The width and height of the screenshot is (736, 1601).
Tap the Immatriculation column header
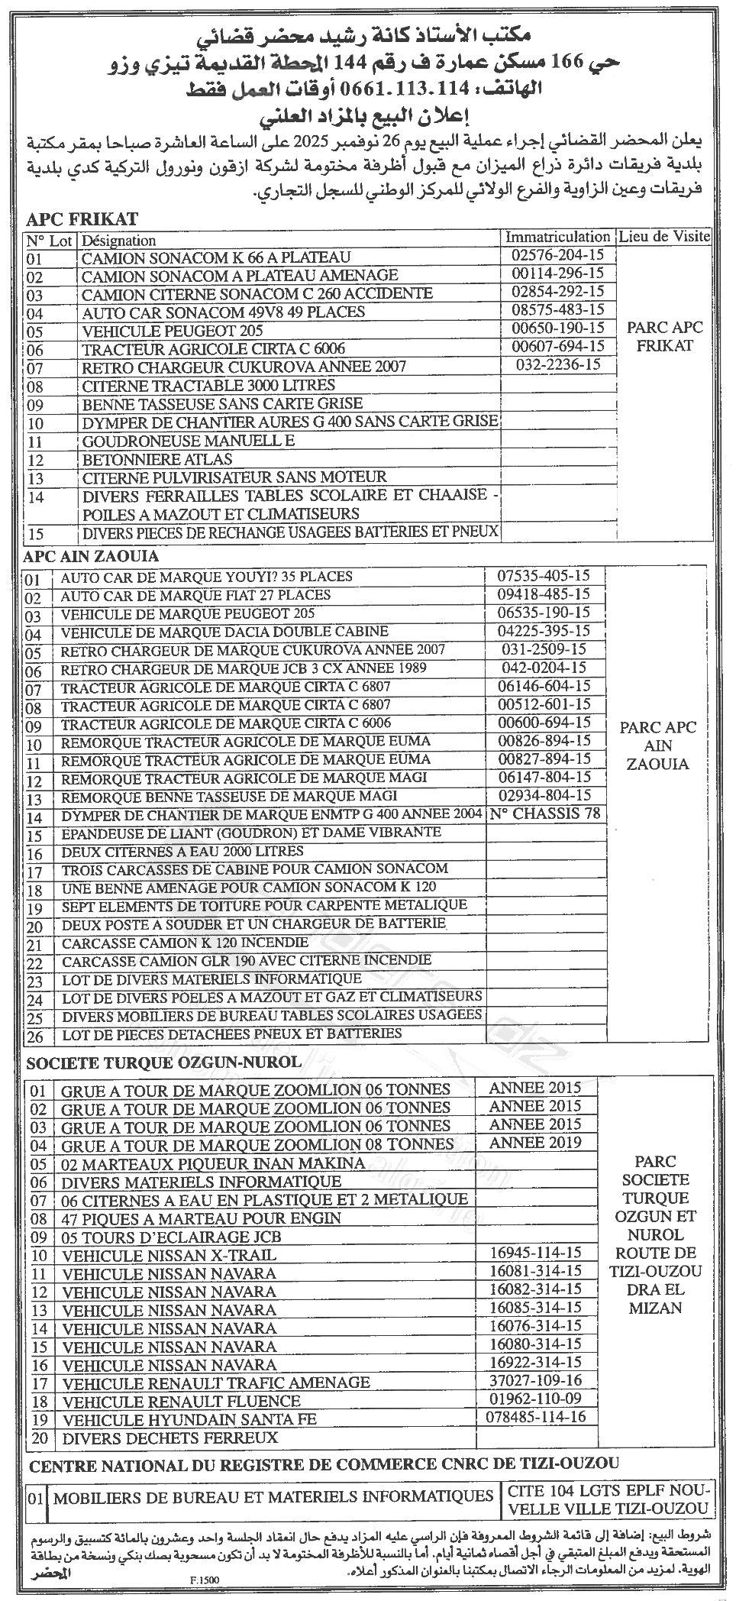click(x=557, y=238)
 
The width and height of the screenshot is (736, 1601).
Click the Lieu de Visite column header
click(x=665, y=237)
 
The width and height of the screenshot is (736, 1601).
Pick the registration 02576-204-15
click(x=558, y=256)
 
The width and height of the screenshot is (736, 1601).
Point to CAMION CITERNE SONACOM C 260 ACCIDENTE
click(x=257, y=293)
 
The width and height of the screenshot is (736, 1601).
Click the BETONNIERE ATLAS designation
click(x=157, y=459)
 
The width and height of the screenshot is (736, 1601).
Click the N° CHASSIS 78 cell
click(x=545, y=813)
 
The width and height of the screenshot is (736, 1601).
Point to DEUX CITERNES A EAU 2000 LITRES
click(x=182, y=851)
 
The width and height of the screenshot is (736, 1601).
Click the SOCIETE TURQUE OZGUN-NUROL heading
click(x=163, y=1062)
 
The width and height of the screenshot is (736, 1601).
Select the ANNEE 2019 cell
click(x=535, y=1143)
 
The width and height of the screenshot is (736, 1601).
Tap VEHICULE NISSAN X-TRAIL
click(x=169, y=1255)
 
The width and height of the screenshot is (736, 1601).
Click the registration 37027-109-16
click(x=535, y=1380)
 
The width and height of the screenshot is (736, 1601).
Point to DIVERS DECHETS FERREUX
click(x=169, y=1438)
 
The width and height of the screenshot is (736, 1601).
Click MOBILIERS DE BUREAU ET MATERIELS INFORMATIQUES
click(x=273, y=1496)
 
